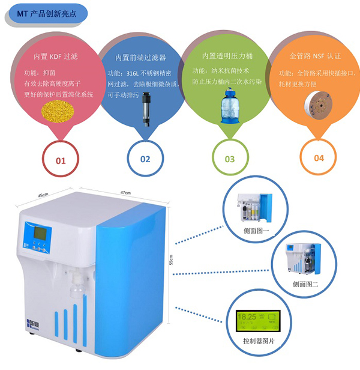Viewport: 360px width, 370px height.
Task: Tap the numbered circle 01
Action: (x=61, y=160)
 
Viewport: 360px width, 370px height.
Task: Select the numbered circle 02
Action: (x=145, y=159)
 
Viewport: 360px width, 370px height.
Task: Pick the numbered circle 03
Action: (x=230, y=159)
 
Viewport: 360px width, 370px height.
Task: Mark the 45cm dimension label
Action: (x=43, y=195)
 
